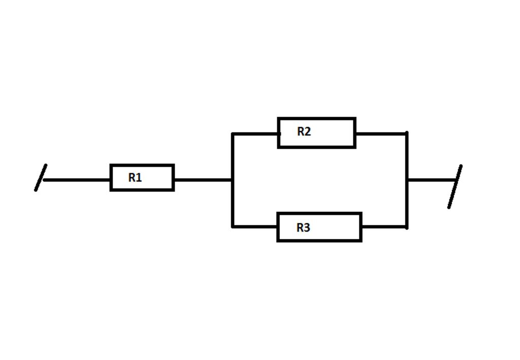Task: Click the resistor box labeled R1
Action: point(142,178)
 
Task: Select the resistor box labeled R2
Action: point(316,133)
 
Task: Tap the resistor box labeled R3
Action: point(319,227)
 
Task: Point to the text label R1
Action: point(135,178)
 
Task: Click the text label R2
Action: point(304,132)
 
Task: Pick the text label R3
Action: point(303,227)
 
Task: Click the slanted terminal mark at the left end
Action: point(41,178)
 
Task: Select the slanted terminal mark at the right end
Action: point(455,186)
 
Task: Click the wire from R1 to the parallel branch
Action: point(203,180)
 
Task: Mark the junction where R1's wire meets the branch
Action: point(233,180)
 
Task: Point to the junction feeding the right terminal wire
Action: point(407,180)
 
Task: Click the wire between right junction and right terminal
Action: point(432,180)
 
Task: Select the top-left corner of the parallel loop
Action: point(233,134)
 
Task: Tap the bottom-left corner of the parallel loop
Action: point(233,226)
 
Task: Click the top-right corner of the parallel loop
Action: point(407,134)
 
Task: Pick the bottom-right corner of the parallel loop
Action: point(407,227)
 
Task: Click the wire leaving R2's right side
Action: point(381,134)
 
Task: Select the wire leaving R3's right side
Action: point(384,227)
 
